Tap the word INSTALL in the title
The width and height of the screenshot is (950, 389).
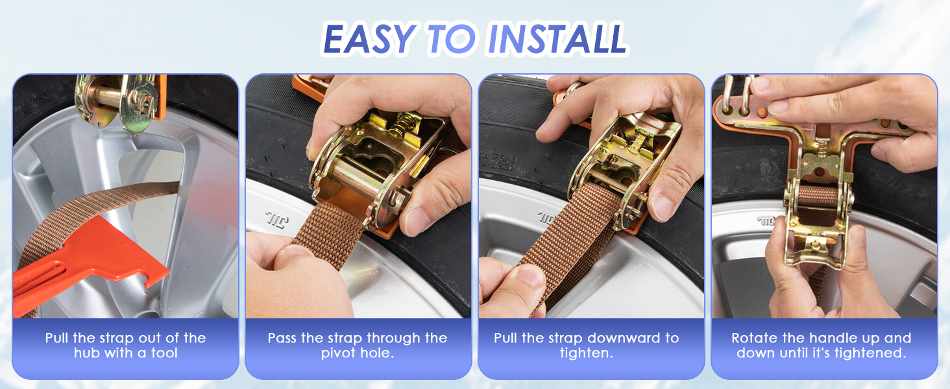click(557, 38)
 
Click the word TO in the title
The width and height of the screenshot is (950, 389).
click(452, 38)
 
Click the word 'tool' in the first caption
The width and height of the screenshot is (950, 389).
click(164, 353)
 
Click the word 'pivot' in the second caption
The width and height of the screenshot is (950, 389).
click(336, 353)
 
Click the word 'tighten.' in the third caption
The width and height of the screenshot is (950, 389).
click(587, 353)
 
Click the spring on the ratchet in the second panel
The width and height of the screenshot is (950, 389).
click(402, 123)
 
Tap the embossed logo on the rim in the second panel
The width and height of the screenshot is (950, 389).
click(277, 219)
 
